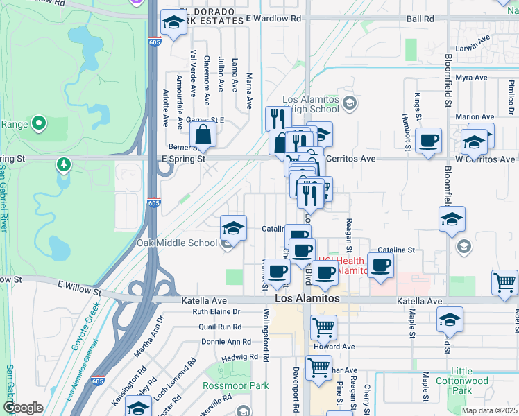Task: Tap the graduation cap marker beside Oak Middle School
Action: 234,228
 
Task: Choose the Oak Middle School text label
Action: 177,243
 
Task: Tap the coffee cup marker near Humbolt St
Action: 429,141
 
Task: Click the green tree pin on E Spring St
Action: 64,164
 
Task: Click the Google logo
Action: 23,408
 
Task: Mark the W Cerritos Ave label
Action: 484,159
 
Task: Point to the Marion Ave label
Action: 475,116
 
